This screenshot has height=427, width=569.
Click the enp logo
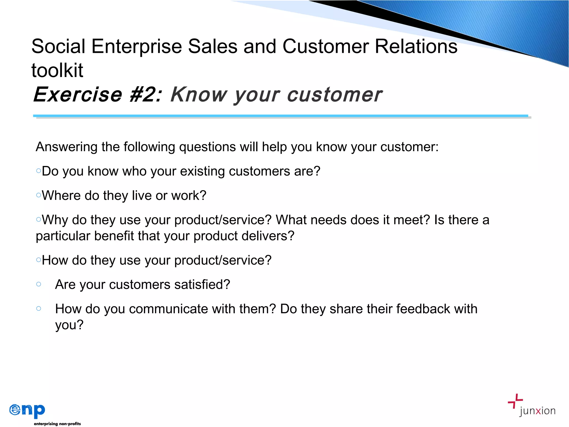(27, 410)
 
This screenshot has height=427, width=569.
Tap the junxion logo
(531, 406)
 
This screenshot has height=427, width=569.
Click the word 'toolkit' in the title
(57, 70)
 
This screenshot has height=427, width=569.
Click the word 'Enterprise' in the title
(136, 46)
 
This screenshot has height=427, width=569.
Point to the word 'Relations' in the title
(416, 46)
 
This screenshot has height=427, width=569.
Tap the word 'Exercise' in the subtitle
(78, 95)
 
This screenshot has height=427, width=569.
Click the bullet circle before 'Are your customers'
(39, 284)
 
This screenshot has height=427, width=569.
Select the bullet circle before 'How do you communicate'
(39, 308)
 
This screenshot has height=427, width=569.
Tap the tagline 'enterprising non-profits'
(57, 424)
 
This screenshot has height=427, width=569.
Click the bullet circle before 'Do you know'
(39, 171)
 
